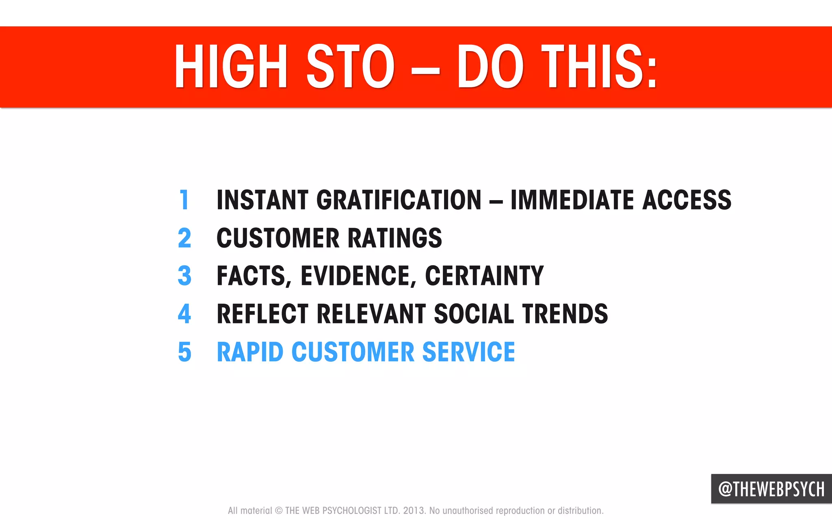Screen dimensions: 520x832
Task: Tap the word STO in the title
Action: point(350,67)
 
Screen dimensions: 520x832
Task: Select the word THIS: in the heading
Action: point(599,67)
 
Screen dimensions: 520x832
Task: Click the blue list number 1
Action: point(184,200)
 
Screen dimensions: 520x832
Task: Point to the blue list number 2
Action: point(184,238)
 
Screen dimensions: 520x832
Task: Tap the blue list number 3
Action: point(184,276)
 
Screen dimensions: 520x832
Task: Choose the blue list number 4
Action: point(184,314)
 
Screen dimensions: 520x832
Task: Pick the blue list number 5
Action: point(184,352)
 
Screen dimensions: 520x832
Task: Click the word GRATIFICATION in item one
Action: point(399,200)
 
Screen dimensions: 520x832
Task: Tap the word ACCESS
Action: point(687,200)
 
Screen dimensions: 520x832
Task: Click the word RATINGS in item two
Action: point(394,238)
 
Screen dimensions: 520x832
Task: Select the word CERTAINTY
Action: point(484,276)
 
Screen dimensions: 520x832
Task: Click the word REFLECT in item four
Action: point(262,314)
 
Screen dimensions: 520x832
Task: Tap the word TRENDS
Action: point(565,314)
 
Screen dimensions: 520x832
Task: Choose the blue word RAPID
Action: point(250,352)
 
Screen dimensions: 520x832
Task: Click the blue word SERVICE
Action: point(468,352)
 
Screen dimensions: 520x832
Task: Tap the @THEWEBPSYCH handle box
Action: point(771,489)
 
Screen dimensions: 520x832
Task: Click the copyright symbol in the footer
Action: point(279,511)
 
